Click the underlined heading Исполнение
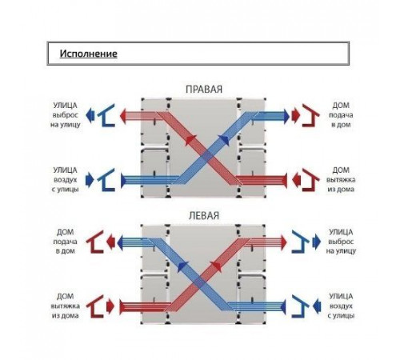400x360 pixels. pos(88,54)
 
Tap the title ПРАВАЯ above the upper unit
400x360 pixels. pos(204,90)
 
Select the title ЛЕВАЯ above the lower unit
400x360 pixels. pos(204,216)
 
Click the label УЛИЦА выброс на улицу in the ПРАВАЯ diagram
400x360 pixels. pos(66,115)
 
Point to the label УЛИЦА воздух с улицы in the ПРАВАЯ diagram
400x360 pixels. pos(66,179)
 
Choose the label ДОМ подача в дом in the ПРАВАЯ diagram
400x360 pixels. pos(341,115)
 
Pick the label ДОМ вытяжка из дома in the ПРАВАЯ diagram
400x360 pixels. pos(341,179)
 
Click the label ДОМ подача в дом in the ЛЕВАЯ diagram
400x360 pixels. pos(66,242)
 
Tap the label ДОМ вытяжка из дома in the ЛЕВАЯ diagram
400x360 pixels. pos(66,306)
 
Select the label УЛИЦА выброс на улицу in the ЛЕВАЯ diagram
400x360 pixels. pos(341,242)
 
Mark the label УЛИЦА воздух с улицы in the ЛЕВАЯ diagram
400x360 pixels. pos(341,306)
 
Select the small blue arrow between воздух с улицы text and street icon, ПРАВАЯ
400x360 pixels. pos(90,180)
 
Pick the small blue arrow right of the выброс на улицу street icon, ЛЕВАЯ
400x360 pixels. pos(317,242)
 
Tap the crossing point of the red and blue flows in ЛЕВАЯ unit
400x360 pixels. pos(199,282)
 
